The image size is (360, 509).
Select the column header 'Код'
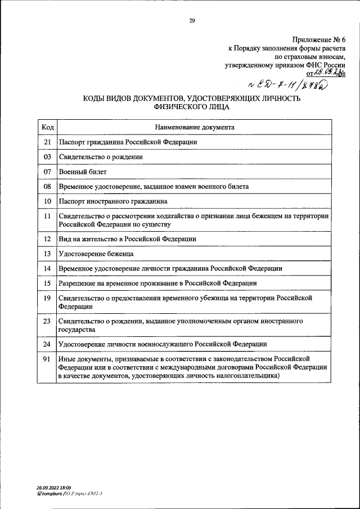47,127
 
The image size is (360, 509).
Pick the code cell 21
47,142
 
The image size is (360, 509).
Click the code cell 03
47,157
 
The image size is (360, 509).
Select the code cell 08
47,186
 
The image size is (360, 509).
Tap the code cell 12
47,238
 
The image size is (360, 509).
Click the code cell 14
47,269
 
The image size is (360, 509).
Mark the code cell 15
47,283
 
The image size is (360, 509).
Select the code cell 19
47,298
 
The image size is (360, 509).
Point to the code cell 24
47,344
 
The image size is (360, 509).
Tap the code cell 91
47,358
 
